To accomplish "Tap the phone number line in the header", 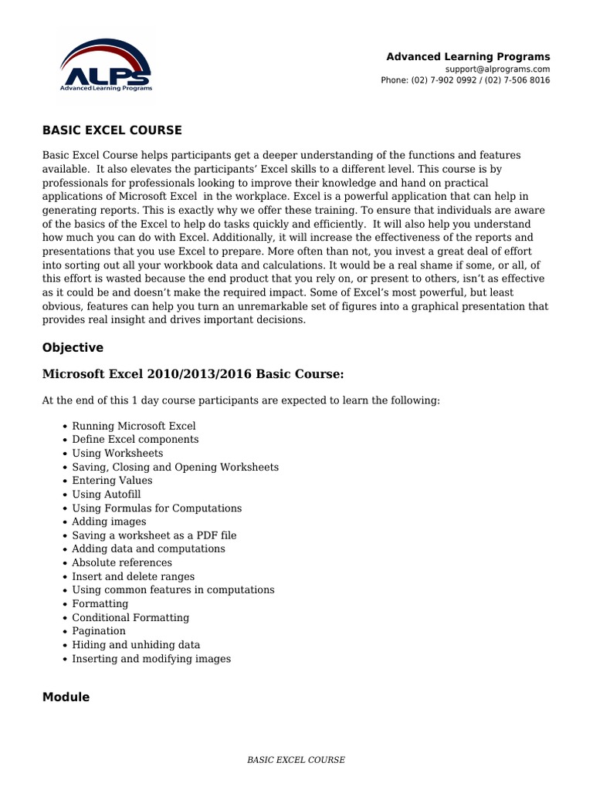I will [465, 80].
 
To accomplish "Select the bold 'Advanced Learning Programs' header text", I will [468, 56].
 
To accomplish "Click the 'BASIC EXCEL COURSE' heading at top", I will [112, 130].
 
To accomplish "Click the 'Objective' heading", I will [73, 348].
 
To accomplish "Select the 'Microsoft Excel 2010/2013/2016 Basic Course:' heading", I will [193, 374].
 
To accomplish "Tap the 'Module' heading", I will [66, 697].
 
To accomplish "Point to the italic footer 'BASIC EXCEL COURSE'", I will [296, 760].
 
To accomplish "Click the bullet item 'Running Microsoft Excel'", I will [134, 426].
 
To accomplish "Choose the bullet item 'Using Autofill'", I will [107, 495].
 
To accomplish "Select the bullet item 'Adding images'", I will [109, 522].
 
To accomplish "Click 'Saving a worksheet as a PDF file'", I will [154, 535].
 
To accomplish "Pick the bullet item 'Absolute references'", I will [122, 562].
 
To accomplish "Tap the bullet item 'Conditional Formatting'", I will [130, 617].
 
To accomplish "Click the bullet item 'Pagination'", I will [99, 631].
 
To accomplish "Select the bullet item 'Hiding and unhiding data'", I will [136, 645].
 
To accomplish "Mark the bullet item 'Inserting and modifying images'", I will [151, 659].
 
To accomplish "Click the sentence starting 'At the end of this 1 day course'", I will [241, 401].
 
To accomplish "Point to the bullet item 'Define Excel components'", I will [135, 440].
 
